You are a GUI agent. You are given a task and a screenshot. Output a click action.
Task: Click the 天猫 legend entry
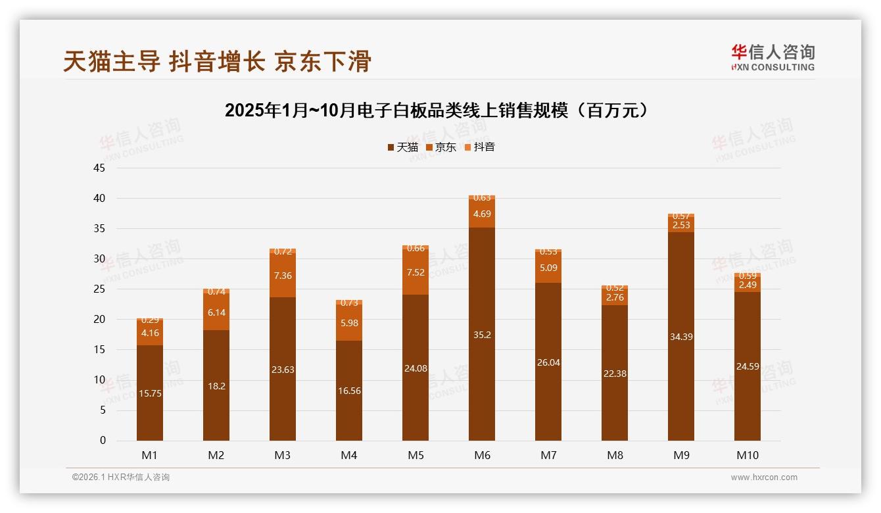pos(403,147)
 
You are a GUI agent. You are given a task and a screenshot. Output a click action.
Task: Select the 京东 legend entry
pos(441,147)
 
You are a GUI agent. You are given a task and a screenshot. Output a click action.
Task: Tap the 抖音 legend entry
pos(480,147)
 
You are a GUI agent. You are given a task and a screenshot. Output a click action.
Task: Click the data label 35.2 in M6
pos(482,335)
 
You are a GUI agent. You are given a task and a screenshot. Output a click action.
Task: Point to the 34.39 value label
pos(681,337)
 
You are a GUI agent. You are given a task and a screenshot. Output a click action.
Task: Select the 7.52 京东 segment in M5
pos(416,272)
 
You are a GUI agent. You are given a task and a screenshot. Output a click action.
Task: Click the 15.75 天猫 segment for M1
pos(150,393)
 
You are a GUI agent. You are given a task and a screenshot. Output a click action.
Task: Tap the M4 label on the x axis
pos(349,455)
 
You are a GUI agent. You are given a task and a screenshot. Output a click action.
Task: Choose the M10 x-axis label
pos(747,455)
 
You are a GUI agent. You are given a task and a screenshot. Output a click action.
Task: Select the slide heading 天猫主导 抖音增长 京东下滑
pos(217,62)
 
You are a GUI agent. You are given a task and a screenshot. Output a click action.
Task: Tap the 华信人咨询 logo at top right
pos(773,57)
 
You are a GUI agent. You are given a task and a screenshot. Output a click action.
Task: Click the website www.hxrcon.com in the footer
pos(764,477)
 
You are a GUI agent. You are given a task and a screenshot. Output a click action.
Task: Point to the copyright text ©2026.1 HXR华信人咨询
pos(121,477)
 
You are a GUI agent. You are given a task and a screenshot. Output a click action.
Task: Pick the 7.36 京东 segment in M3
pos(283,275)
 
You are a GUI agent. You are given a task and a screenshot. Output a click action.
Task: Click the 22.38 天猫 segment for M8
pos(615,373)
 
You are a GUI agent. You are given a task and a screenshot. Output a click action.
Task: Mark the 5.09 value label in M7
pos(548,268)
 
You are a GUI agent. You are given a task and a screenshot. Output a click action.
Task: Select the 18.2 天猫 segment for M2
pos(216,386)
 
